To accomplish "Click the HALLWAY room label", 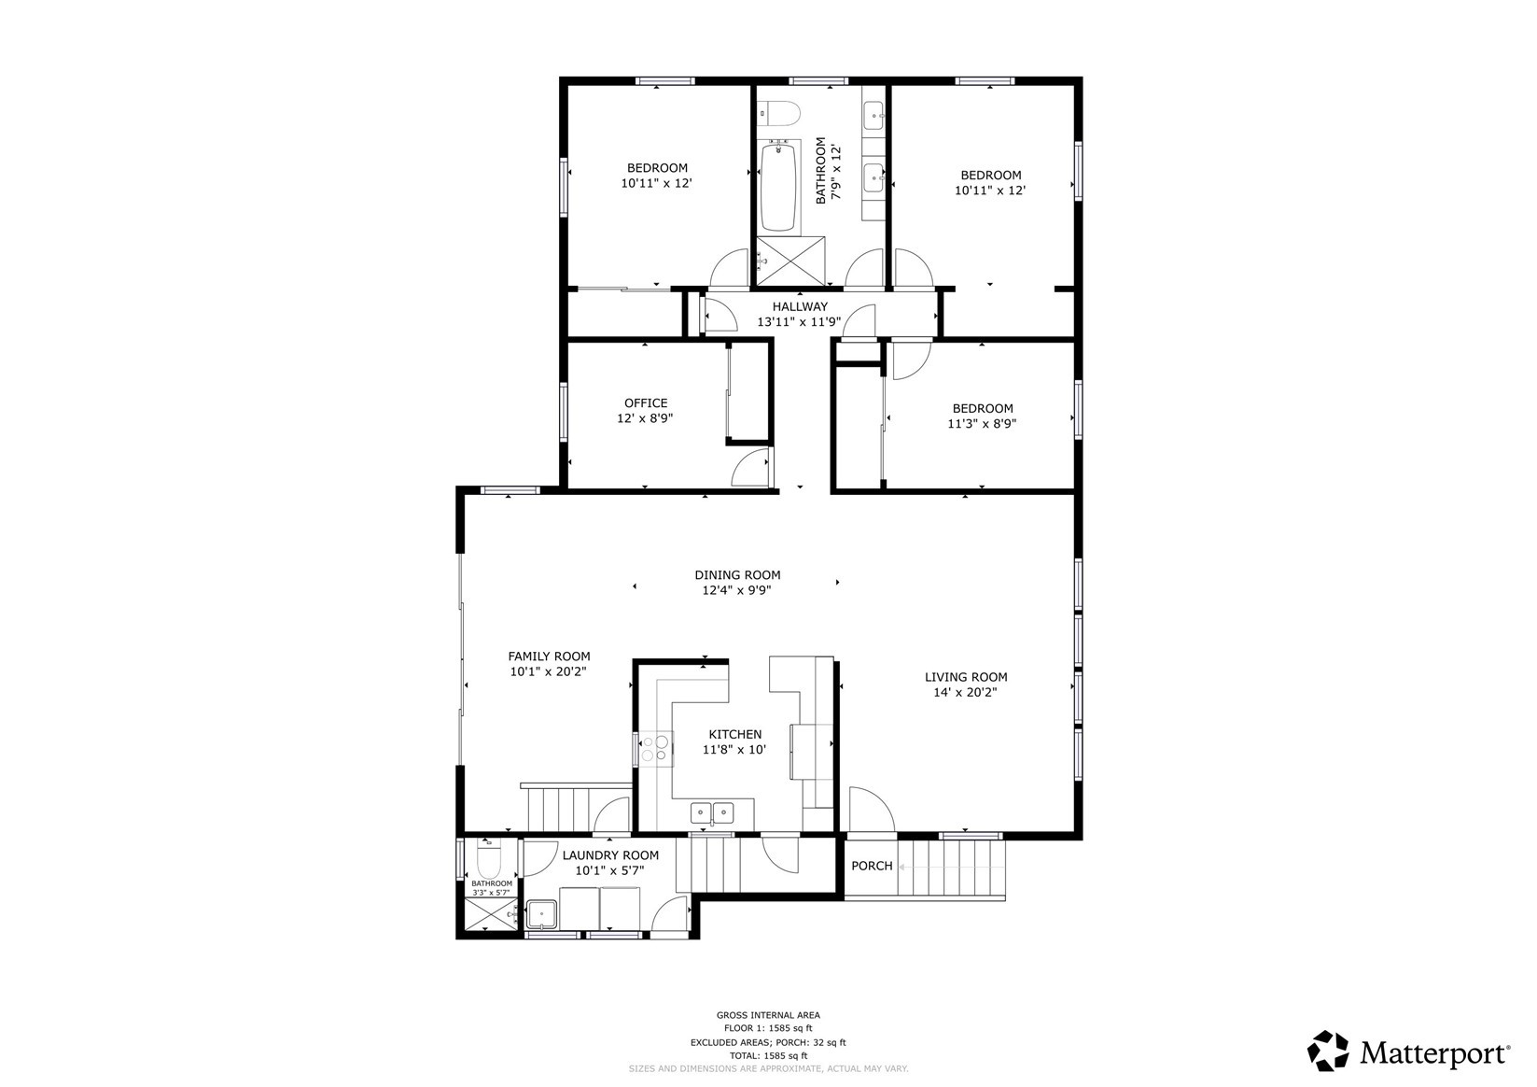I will pos(799,306).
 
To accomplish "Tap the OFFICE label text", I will pos(646,403).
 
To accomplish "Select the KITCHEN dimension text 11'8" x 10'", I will pos(734,750).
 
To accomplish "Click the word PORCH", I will pos(872,866).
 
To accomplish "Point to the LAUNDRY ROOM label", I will pos(610,855).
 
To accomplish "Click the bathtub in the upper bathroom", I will pos(777,186).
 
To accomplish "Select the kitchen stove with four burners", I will pos(656,747).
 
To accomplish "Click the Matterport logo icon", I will pos(1328,1052).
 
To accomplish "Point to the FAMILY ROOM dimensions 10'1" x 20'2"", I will pos(548,671).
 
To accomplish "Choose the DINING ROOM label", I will pos(737,575).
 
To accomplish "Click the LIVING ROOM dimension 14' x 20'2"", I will pos(966,692).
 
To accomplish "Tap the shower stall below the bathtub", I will pos(791,261).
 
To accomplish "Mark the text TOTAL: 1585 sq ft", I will pos(768,1055).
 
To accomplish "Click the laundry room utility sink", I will pos(541,914).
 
